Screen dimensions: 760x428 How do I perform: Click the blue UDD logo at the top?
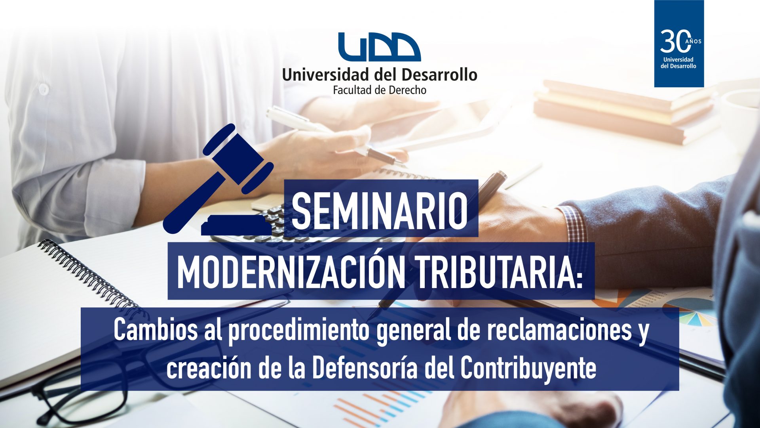point(380,47)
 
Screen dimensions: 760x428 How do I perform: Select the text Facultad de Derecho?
point(380,90)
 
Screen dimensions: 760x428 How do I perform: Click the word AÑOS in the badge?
point(695,41)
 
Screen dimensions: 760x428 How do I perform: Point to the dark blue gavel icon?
point(219,179)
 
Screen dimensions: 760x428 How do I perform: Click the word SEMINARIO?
point(380,210)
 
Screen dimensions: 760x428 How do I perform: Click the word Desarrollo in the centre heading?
point(439,75)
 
